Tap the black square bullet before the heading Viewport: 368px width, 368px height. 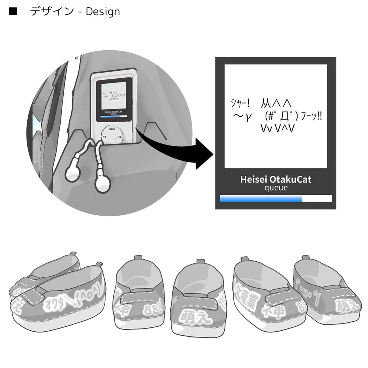click(13, 11)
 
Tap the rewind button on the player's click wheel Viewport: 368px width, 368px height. click(104, 137)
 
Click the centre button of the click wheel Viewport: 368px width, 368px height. click(112, 137)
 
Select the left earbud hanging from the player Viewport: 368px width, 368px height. click(73, 173)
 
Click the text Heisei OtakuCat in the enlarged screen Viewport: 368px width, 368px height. click(276, 179)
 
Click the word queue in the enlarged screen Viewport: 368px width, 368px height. click(276, 188)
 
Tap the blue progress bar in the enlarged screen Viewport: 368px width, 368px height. click(261, 199)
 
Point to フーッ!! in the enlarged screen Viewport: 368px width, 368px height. click(312, 116)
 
